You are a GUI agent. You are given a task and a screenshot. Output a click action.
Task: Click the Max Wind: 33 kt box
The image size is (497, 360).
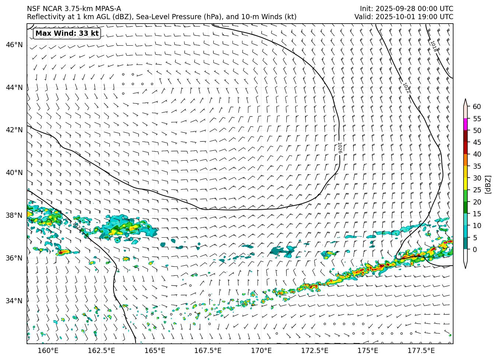(x=67, y=34)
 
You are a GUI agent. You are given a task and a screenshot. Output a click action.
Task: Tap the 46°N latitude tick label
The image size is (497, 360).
(x=14, y=45)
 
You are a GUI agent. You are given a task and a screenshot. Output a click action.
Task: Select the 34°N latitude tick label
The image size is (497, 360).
(x=14, y=301)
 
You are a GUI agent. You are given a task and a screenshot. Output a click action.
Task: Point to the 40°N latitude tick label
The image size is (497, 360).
(x=14, y=173)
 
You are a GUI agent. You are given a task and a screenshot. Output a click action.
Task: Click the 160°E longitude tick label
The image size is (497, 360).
(x=48, y=350)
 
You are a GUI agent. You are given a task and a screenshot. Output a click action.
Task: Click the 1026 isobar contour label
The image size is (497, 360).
(x=339, y=147)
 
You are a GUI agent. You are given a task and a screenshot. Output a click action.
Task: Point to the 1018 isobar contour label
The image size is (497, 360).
(x=434, y=46)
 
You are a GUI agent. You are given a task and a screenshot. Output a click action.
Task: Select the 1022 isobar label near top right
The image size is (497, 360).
(x=406, y=88)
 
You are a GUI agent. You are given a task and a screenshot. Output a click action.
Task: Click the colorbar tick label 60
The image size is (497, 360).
(x=477, y=107)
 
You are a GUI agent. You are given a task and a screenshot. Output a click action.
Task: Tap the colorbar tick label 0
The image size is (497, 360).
(x=475, y=249)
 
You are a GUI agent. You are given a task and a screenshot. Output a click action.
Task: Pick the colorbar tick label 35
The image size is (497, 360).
(x=477, y=166)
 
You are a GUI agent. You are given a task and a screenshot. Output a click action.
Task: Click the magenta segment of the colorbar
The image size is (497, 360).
(x=466, y=124)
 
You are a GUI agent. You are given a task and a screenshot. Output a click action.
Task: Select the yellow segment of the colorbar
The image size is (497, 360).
(x=466, y=184)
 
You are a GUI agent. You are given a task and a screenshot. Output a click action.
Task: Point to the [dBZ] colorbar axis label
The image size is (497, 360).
(x=488, y=184)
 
